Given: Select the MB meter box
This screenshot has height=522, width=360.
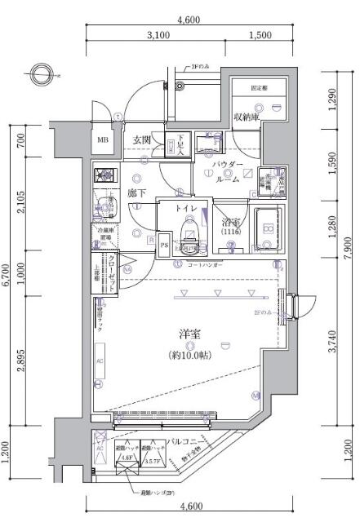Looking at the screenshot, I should click(x=103, y=139).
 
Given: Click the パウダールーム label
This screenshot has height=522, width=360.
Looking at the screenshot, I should click(x=228, y=172).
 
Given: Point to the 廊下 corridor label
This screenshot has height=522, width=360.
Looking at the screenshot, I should click(x=136, y=194).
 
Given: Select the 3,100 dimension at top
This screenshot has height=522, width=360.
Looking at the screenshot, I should click(x=158, y=35).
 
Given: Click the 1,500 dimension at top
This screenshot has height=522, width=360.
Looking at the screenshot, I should click(x=259, y=35).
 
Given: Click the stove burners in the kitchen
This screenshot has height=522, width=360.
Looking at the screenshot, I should click(x=104, y=175).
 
